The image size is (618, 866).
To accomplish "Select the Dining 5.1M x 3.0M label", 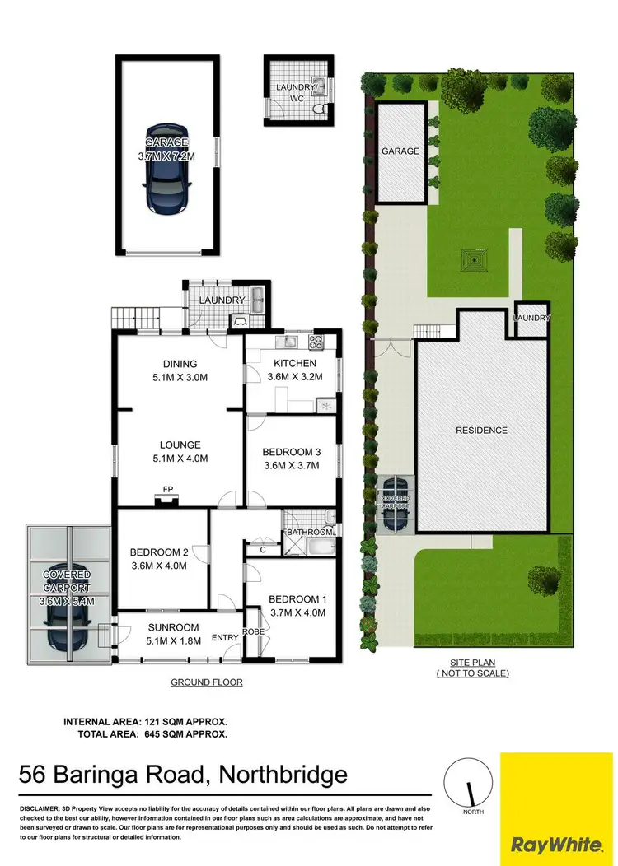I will (179, 370).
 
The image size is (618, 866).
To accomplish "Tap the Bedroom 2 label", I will (159, 559).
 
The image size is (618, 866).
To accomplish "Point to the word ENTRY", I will (224, 638).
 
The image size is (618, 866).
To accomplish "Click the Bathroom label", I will (309, 533).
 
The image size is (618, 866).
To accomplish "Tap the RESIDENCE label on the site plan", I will (482, 430).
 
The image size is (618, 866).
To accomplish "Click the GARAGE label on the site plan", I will (400, 151).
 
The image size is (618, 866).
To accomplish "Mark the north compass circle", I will (468, 781).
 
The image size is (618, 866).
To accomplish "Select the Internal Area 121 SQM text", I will (145, 721).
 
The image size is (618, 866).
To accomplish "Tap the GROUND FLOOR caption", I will (207, 682).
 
